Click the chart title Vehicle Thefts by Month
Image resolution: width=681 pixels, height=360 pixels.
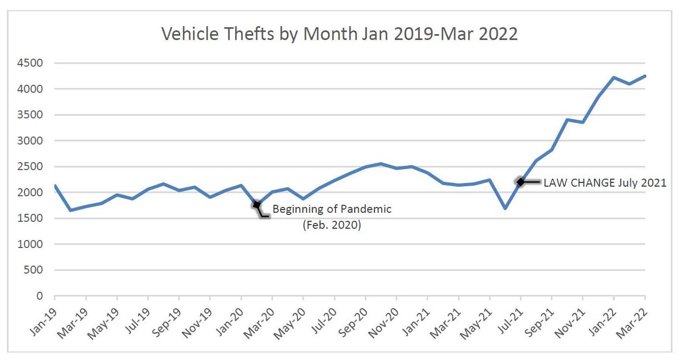click(x=340, y=34)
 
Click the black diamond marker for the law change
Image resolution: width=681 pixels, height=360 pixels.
click(x=520, y=182)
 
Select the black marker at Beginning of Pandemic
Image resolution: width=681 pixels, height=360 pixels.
click(x=257, y=205)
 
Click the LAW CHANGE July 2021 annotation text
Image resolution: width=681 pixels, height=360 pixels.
click(x=605, y=183)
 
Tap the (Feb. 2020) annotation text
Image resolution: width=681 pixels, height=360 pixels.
click(x=332, y=225)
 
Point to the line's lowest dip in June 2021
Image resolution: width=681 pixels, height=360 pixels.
click(x=504, y=208)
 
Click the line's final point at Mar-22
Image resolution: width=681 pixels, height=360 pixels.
click(x=645, y=76)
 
